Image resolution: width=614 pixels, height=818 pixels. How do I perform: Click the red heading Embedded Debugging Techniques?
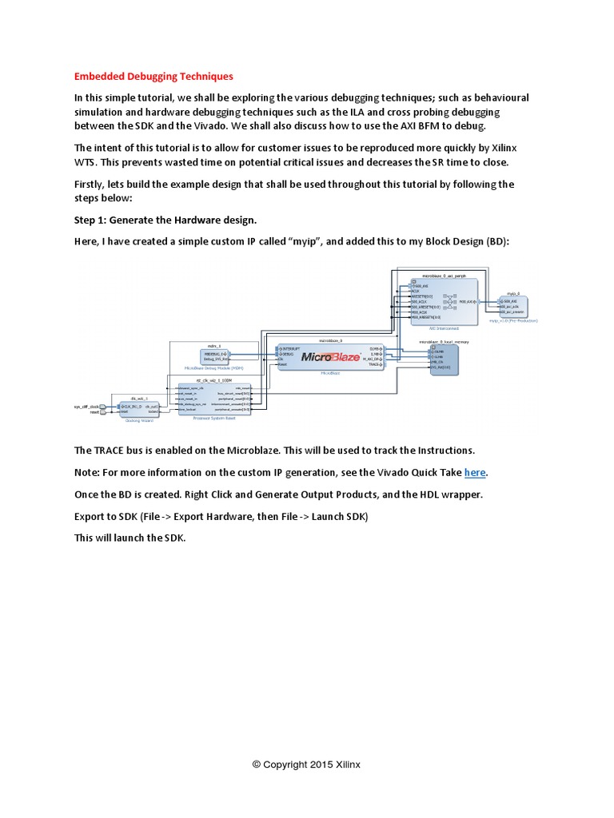point(153,77)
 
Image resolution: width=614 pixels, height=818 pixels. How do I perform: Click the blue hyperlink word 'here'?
point(475,472)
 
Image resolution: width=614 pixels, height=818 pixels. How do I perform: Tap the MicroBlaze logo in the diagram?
point(331,357)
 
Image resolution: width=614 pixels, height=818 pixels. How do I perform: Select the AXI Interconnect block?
point(444,302)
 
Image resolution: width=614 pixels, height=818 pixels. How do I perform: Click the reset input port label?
point(94,412)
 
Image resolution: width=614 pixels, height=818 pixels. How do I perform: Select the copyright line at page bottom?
point(306,764)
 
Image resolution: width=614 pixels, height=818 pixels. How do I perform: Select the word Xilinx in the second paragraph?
point(496,148)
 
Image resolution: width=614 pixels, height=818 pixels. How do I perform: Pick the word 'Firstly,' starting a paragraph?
point(94,185)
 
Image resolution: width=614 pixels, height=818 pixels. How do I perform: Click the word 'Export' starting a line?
point(92,516)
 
